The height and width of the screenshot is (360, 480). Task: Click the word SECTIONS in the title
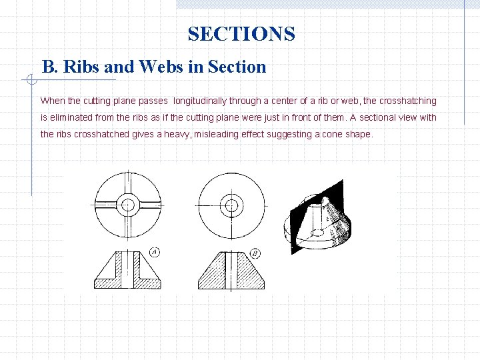241,33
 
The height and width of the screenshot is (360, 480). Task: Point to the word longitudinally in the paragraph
202,101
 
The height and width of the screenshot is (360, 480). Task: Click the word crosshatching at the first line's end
408,101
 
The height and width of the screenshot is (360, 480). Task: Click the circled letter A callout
154,252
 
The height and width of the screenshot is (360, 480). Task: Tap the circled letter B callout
256,253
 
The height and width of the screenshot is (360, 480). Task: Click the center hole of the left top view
127,204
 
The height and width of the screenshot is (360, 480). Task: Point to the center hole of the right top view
231,204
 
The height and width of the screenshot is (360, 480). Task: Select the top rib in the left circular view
127,183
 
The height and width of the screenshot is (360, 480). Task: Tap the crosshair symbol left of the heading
31,80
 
